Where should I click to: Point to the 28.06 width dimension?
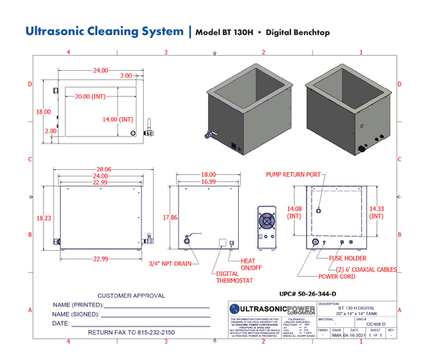pyautogui.click(x=99, y=170)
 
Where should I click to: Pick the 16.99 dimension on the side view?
pyautogui.click(x=208, y=181)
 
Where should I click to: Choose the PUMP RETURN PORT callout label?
pyautogui.click(x=293, y=174)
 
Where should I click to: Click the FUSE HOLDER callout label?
pyautogui.click(x=348, y=258)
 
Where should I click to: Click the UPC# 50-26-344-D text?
pyautogui.click(x=309, y=293)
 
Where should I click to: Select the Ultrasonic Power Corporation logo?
pyautogui.click(x=271, y=310)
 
